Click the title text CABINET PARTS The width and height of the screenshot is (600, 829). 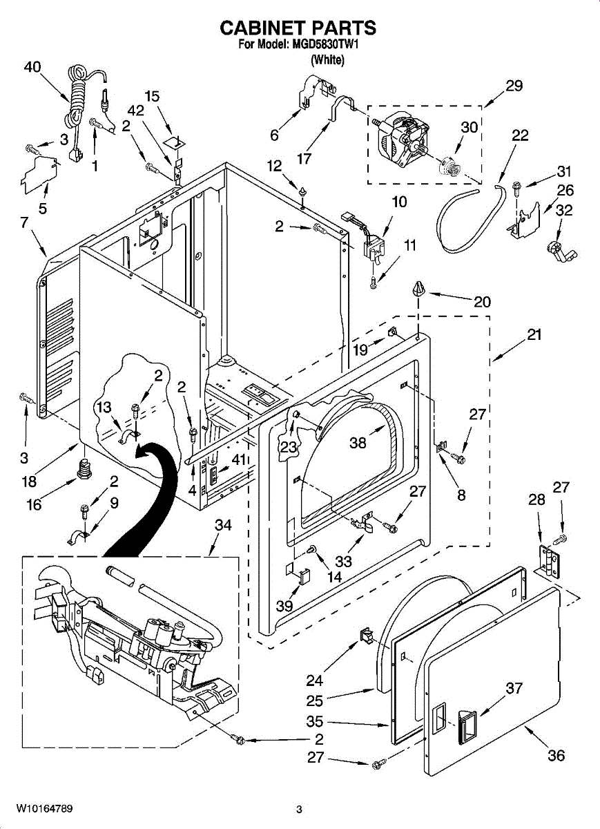298,28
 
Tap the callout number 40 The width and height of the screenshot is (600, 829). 32,68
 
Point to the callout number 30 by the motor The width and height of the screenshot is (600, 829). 469,127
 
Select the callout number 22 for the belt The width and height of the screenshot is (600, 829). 520,135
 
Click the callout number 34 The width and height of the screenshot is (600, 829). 223,525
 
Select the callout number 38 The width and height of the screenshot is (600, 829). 358,443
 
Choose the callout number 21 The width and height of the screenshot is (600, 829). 534,334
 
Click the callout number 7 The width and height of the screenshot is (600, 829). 24,222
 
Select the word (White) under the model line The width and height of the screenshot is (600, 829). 328,59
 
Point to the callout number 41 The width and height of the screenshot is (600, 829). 239,459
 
